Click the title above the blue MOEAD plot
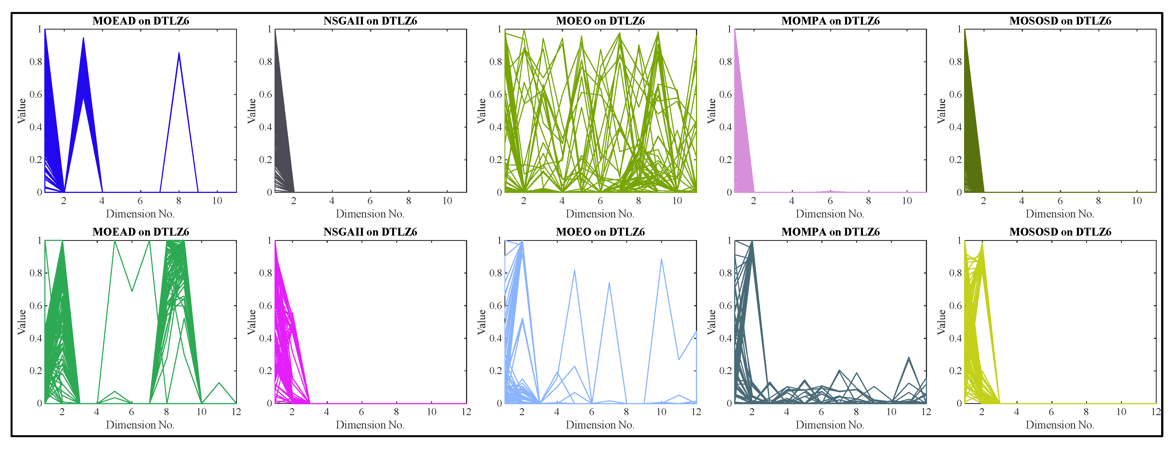tap(140, 21)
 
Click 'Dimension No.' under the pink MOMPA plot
tap(830, 214)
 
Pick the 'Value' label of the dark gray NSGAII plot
tap(252, 111)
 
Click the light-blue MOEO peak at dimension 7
tap(609, 283)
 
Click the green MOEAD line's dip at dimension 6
tap(132, 291)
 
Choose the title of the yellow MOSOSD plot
tap(1060, 232)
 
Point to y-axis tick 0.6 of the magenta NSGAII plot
tap(266, 306)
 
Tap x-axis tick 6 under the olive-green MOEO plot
tap(600, 201)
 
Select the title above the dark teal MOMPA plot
tap(830, 232)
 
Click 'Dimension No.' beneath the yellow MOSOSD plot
tap(1060, 425)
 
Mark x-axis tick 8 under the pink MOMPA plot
tap(868, 201)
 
